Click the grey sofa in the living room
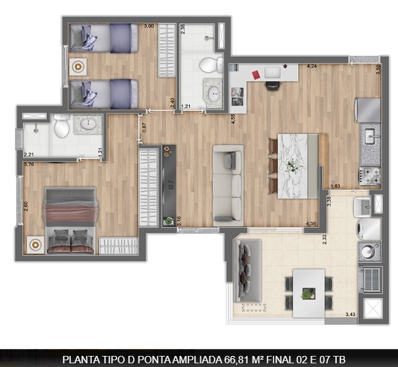click(x=228, y=185)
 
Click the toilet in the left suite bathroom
click(x=62, y=127)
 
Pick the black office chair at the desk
click(x=272, y=86)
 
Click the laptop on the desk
click(x=271, y=73)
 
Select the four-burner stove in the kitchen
click(x=370, y=177)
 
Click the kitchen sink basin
click(x=370, y=135)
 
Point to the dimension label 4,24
click(x=312, y=65)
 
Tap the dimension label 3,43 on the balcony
click(x=350, y=315)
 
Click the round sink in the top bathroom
click(x=214, y=94)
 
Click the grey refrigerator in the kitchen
click(x=369, y=110)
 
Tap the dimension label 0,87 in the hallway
click(x=144, y=129)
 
